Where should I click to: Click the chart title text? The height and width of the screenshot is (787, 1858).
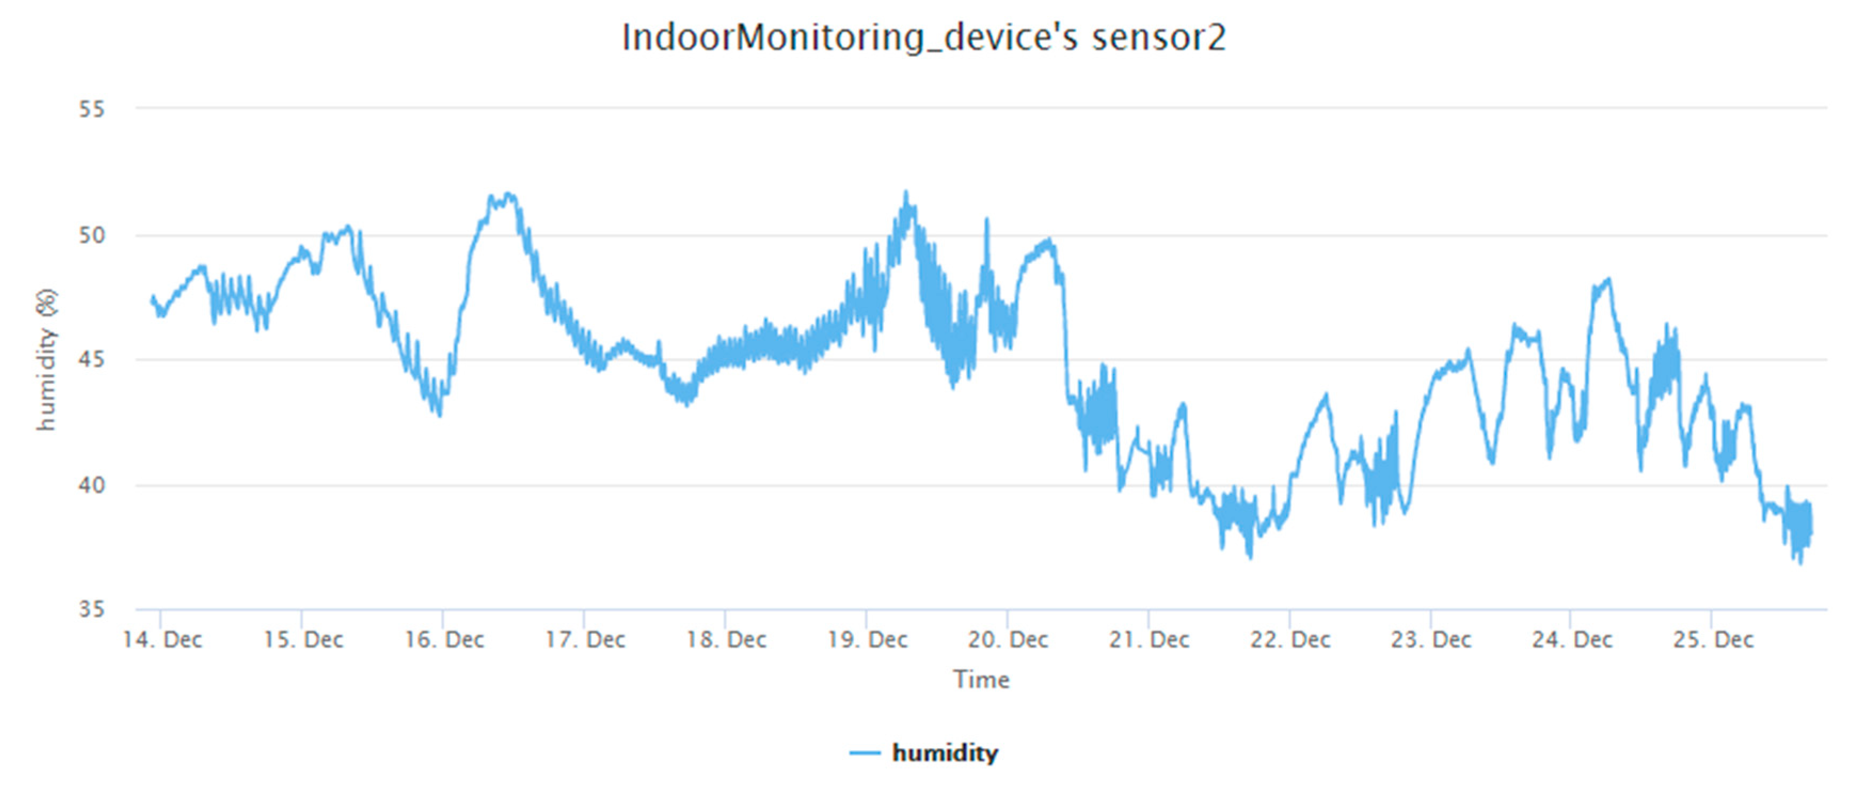click(923, 37)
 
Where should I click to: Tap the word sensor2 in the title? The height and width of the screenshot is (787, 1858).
click(1158, 37)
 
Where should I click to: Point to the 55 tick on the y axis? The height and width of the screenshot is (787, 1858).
click(92, 109)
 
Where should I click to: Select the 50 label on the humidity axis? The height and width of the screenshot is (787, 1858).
click(92, 235)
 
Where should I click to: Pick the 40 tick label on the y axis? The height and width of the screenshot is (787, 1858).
click(92, 485)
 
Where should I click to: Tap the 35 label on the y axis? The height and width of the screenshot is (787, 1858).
click(92, 609)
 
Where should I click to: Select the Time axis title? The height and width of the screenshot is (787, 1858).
click(981, 680)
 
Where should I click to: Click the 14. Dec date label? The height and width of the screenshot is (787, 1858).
click(162, 640)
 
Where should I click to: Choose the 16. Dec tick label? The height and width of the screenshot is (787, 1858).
click(444, 640)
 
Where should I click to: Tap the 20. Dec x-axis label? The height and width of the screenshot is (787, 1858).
click(1008, 640)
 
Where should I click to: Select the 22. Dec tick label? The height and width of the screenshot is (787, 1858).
click(1290, 640)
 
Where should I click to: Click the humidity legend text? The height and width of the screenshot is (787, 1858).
click(945, 753)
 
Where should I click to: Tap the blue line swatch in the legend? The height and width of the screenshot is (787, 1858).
click(865, 753)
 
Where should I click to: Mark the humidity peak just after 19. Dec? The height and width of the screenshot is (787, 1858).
click(906, 193)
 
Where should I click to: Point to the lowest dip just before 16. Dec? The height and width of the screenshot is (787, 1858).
click(439, 415)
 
